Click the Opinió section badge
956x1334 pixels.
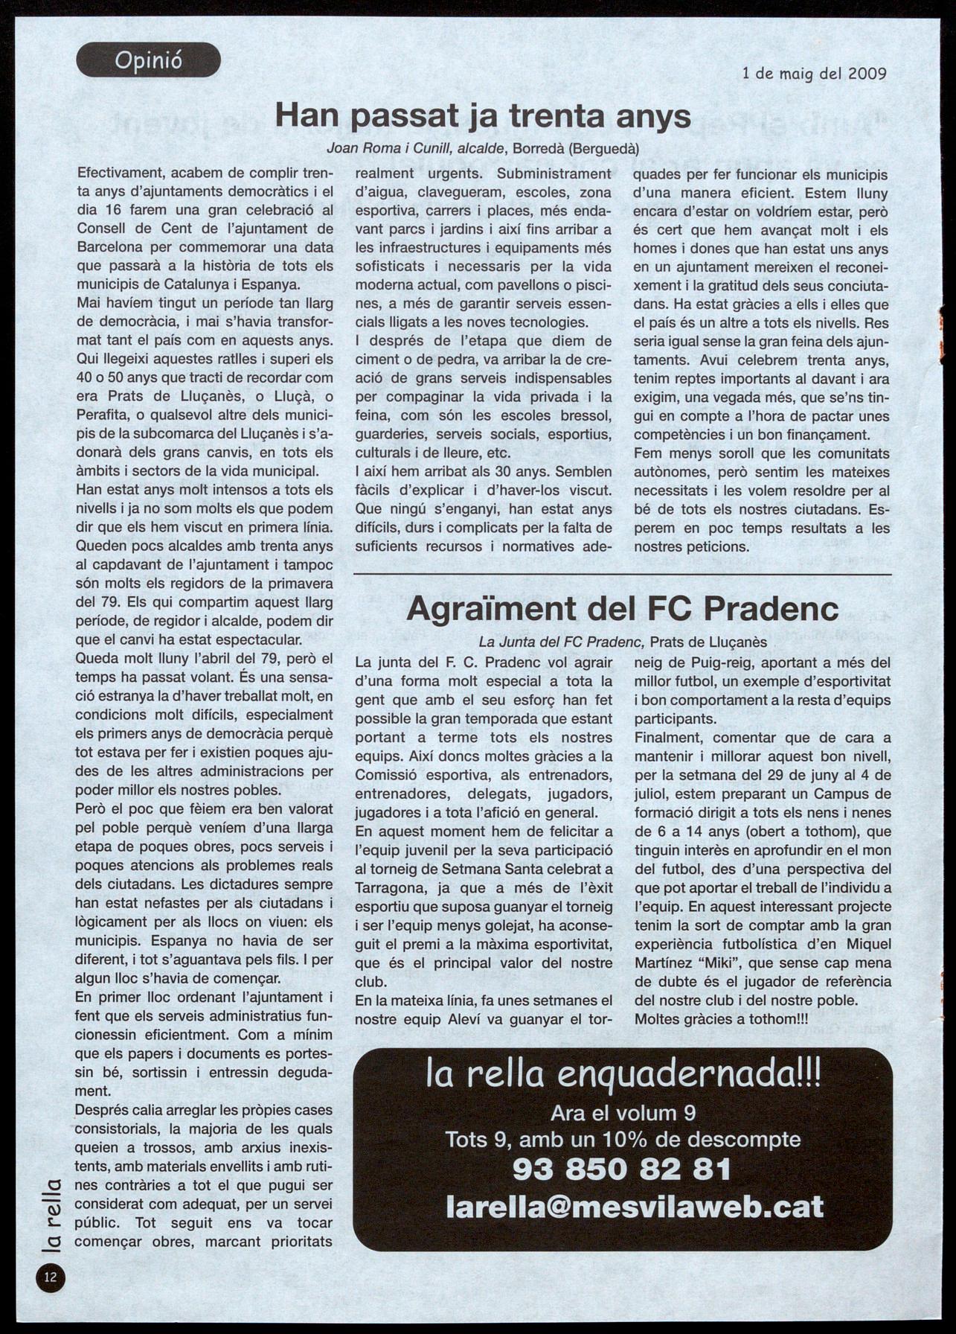tap(148, 60)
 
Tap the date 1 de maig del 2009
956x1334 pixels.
tap(814, 74)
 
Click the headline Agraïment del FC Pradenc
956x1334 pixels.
tap(623, 609)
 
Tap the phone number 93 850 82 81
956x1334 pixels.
tap(622, 1169)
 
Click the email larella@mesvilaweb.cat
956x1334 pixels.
tap(635, 1206)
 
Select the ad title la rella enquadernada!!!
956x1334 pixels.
tap(623, 1075)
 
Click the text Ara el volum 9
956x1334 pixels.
tap(623, 1113)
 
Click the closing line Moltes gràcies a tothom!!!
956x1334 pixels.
tap(720, 1018)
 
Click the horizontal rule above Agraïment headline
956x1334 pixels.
tap(623, 575)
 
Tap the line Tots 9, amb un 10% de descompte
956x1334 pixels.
tap(623, 1139)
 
